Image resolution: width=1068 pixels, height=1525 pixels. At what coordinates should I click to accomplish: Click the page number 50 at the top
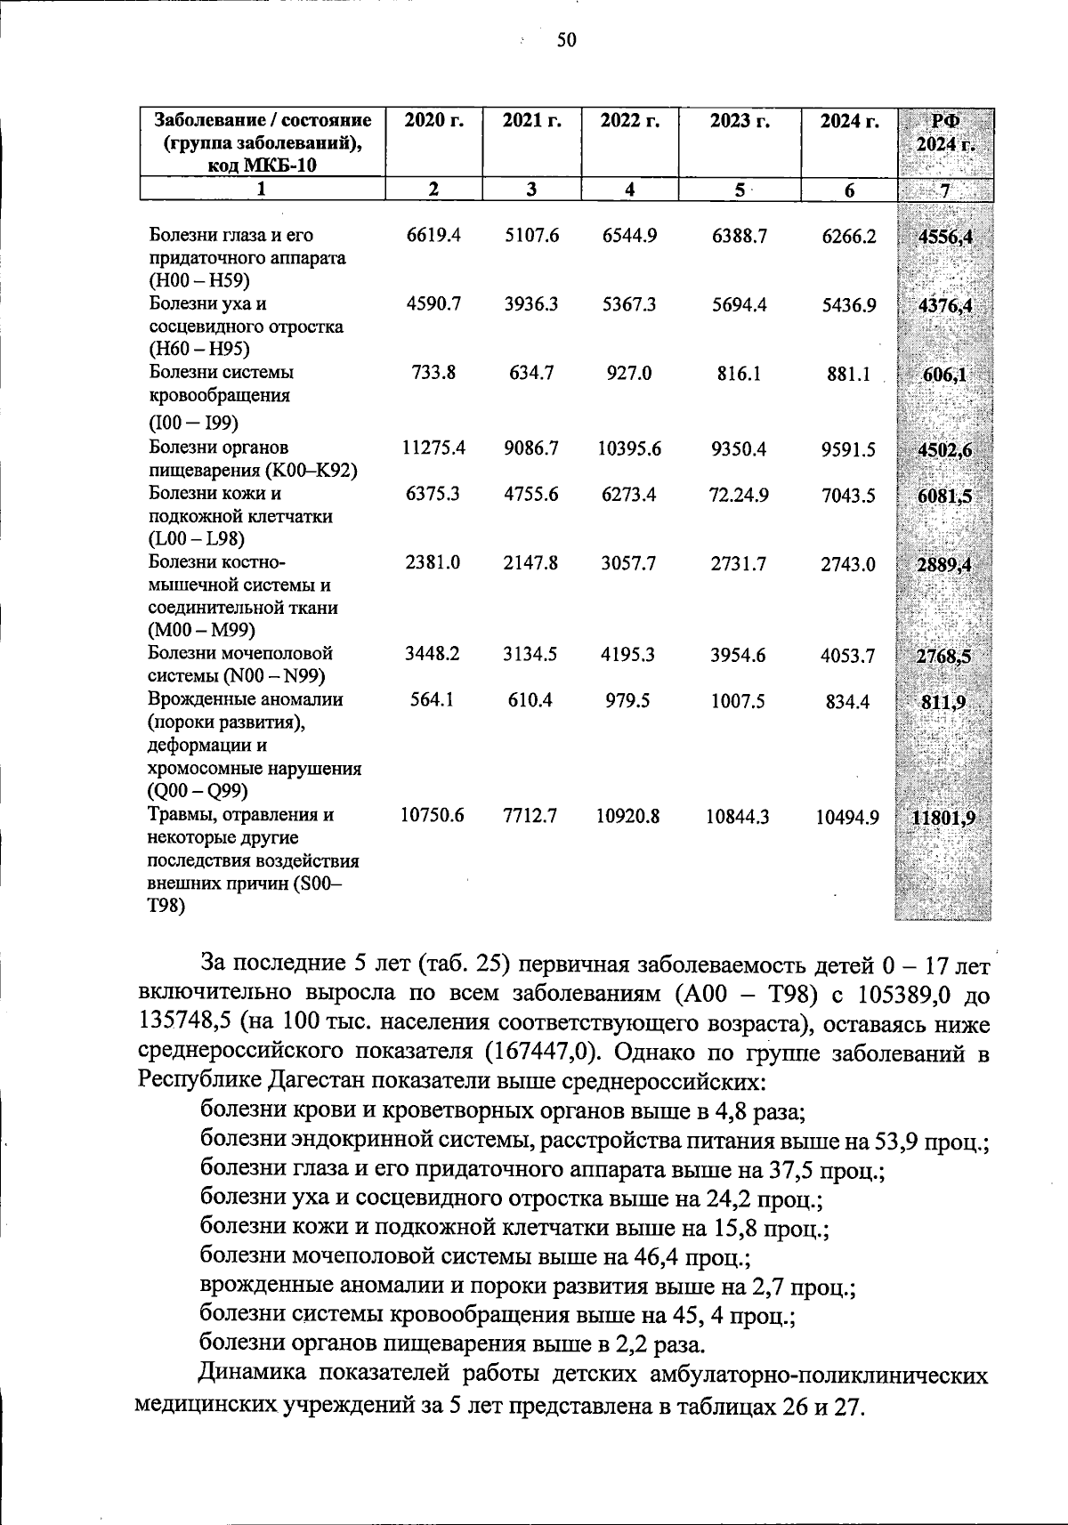pos(567,39)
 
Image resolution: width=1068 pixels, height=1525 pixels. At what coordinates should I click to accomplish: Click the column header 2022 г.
pos(629,121)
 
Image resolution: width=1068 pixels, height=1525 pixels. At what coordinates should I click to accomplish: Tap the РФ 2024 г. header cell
pos(944,133)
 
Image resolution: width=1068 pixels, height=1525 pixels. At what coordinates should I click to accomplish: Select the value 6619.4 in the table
pos(433,236)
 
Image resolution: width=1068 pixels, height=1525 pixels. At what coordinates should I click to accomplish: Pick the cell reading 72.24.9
pos(739,495)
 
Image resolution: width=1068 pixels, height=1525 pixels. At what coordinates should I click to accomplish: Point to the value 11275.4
pos(433,448)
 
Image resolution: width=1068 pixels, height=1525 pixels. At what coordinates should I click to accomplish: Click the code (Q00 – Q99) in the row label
pos(198,791)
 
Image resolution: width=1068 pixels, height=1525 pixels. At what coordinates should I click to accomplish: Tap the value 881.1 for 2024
pos(849,375)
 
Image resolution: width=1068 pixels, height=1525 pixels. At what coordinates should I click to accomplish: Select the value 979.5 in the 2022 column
pos(628,701)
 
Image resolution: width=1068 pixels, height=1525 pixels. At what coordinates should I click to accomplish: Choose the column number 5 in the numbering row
pos(739,189)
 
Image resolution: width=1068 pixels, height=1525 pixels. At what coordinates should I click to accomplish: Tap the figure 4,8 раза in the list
pos(753,1110)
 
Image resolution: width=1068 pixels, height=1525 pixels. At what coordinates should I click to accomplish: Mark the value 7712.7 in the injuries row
pos(530,815)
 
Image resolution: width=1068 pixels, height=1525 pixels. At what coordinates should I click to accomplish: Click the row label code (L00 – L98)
pos(197,538)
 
